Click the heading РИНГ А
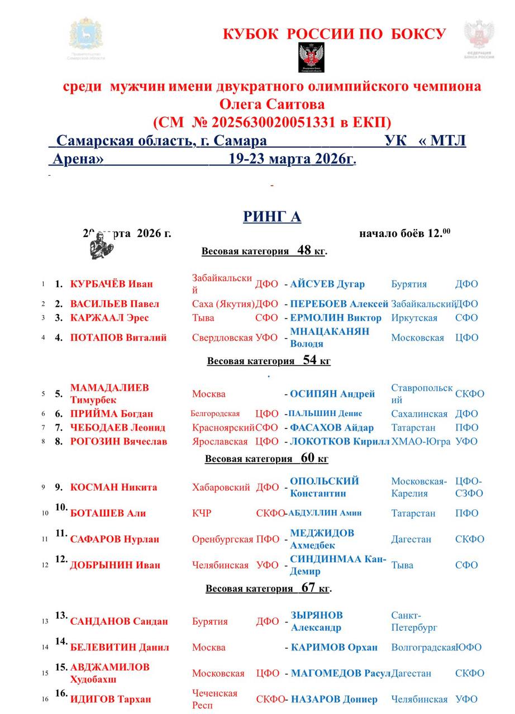pyautogui.click(x=272, y=216)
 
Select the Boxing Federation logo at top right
pyautogui.click(x=479, y=39)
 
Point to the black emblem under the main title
pyautogui.click(x=311, y=57)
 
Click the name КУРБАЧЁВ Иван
pyautogui.click(x=111, y=284)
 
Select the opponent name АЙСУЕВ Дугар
pyautogui.click(x=327, y=284)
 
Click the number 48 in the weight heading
pyautogui.click(x=304, y=250)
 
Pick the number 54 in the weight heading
pyautogui.click(x=310, y=360)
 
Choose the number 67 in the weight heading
pyautogui.click(x=308, y=587)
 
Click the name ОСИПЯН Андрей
pyautogui.click(x=332, y=394)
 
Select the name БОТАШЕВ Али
pyautogui.click(x=104, y=513)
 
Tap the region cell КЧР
pyautogui.click(x=202, y=513)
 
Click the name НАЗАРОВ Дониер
pyautogui.click(x=334, y=699)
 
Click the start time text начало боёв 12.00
pyautogui.click(x=405, y=233)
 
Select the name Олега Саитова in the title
pyautogui.click(x=272, y=104)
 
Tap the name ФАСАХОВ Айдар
pyautogui.click(x=332, y=428)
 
